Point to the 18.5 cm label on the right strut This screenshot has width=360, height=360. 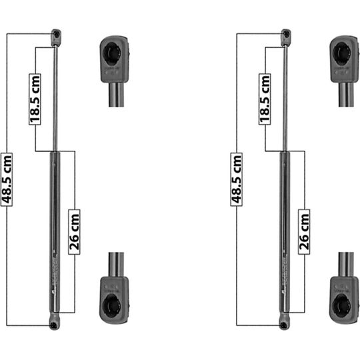[265, 98]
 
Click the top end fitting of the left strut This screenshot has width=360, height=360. [56, 35]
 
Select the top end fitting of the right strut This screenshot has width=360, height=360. [285, 35]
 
